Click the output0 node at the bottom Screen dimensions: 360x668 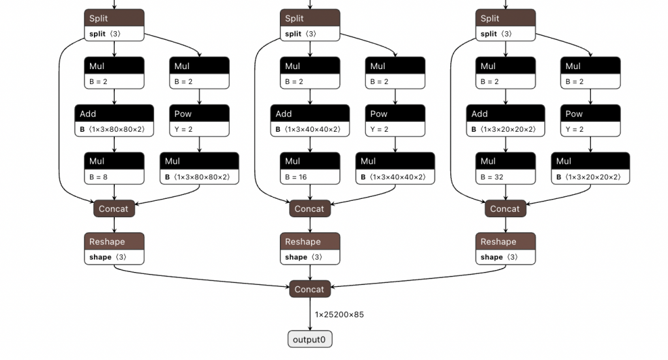[x=309, y=339]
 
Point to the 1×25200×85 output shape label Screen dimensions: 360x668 [x=339, y=315]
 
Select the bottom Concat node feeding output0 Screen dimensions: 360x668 [x=309, y=289]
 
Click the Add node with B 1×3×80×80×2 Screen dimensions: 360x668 [x=114, y=121]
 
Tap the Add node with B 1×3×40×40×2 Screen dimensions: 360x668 [x=310, y=121]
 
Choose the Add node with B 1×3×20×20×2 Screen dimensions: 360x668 [x=506, y=121]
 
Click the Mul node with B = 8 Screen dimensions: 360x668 [x=114, y=168]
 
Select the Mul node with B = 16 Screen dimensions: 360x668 [x=310, y=168]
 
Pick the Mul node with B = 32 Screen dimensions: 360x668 [x=506, y=168]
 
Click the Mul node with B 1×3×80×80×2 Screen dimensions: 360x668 [x=200, y=168]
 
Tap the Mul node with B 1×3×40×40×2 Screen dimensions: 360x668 [x=395, y=168]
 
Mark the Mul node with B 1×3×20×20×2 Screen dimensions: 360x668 [x=591, y=168]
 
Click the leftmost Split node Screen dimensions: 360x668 [x=114, y=25]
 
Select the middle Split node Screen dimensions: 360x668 [x=310, y=25]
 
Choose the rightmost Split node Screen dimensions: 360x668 [x=506, y=25]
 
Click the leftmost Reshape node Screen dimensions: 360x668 [x=114, y=248]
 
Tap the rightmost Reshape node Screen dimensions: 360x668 [x=506, y=248]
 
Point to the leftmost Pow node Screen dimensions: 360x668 [x=200, y=121]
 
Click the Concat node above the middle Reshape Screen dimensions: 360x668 [x=310, y=209]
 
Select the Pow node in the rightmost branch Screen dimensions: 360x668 [x=591, y=121]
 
